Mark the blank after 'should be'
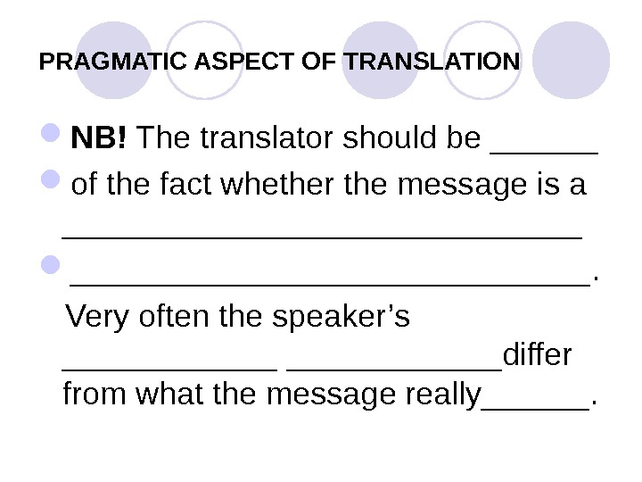(545, 146)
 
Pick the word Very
(96, 317)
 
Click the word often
(177, 317)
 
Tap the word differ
(538, 356)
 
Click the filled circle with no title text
(576, 60)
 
